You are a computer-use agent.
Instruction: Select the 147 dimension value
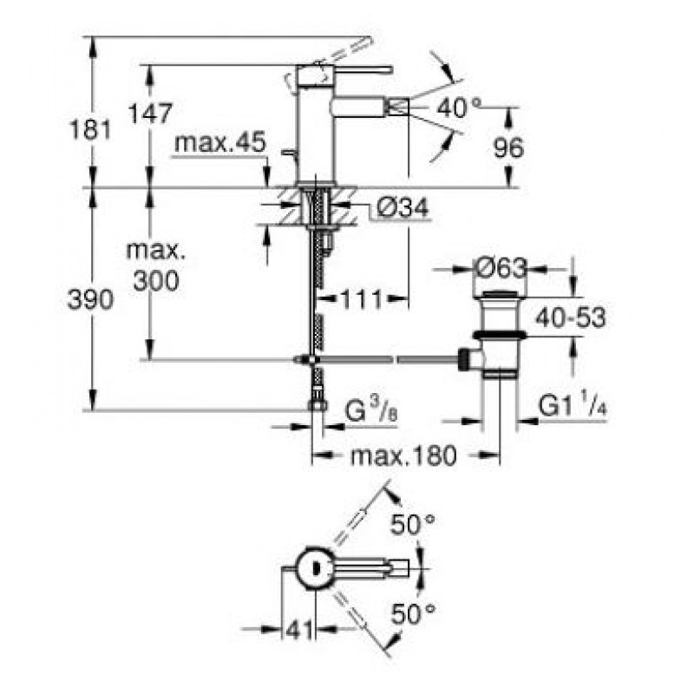coord(150,114)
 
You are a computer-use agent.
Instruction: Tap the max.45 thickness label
coord(220,142)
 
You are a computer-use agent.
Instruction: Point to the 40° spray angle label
coord(459,108)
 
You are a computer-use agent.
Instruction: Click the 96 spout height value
coord(508,147)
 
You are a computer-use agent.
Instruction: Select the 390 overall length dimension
coord(90,299)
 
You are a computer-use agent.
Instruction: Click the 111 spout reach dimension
coord(361,300)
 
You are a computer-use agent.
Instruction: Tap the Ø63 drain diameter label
coord(501,268)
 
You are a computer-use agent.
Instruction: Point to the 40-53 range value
coord(571,317)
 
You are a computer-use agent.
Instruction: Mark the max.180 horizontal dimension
coord(403,455)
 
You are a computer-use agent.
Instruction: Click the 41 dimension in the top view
coord(298,630)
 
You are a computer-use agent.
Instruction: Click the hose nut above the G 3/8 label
coord(318,404)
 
